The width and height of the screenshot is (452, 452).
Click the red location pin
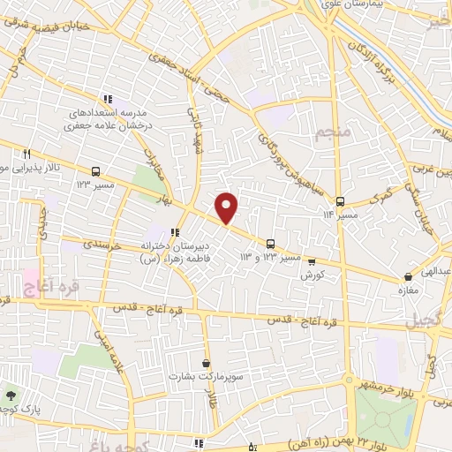[x=227, y=207]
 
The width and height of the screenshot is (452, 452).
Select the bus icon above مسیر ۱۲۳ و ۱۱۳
[x=271, y=244]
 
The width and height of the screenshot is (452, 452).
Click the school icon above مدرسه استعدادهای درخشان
[x=107, y=100]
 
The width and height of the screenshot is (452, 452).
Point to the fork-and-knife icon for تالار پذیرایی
[x=29, y=154]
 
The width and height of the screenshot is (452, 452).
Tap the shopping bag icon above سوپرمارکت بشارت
[x=206, y=363]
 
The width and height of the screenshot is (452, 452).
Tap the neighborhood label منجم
[x=332, y=133]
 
